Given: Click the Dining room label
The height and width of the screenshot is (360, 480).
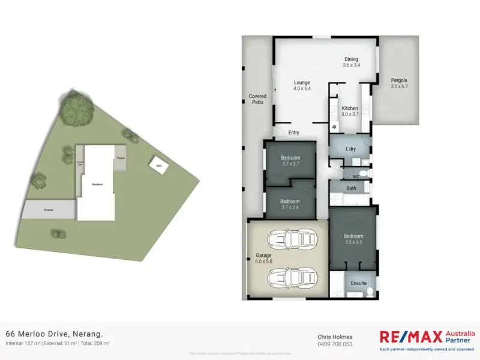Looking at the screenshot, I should (351, 62).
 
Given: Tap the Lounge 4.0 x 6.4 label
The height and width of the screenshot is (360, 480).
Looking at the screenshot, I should (302, 85).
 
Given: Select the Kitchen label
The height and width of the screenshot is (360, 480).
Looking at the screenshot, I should (350, 111).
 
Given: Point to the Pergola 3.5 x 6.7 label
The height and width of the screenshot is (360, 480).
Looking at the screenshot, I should (399, 83).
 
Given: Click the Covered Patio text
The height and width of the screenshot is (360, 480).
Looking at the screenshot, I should (257, 99).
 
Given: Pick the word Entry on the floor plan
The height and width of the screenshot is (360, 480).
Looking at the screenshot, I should (294, 133).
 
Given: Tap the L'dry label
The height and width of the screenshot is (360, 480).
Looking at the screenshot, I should (351, 148).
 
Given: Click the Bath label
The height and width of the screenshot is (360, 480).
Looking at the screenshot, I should (352, 188).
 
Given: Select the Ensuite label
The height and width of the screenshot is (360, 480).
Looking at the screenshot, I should (359, 283).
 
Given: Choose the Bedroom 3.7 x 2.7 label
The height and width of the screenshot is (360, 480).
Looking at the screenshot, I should (290, 160).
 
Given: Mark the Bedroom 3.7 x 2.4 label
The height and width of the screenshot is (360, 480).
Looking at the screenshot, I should (290, 203).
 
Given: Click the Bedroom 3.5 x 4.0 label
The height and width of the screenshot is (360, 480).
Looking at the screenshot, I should (353, 239).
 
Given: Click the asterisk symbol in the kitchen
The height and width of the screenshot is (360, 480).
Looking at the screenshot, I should (334, 127).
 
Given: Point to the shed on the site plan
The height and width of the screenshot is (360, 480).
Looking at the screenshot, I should (159, 165).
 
